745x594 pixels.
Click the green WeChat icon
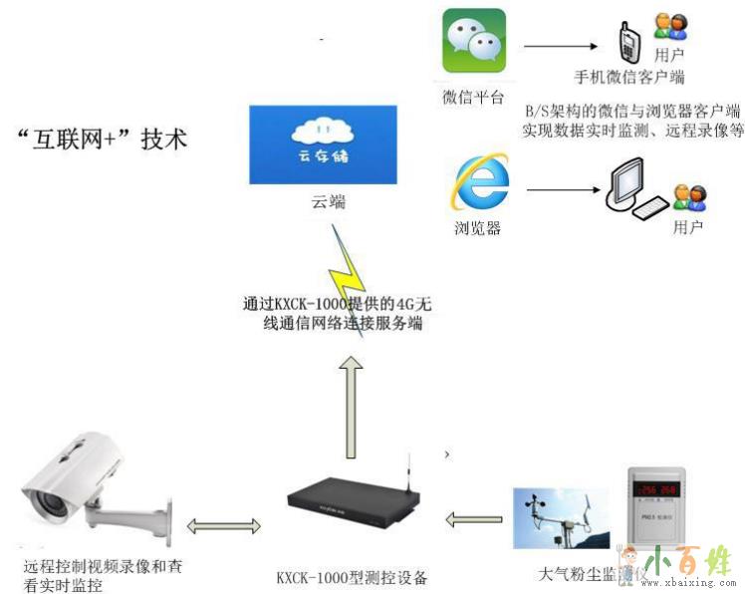[474, 41]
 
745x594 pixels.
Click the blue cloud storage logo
[322, 145]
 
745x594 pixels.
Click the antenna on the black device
[406, 476]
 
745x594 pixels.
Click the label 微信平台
[473, 97]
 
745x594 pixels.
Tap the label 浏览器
[477, 228]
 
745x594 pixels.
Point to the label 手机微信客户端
[628, 77]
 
